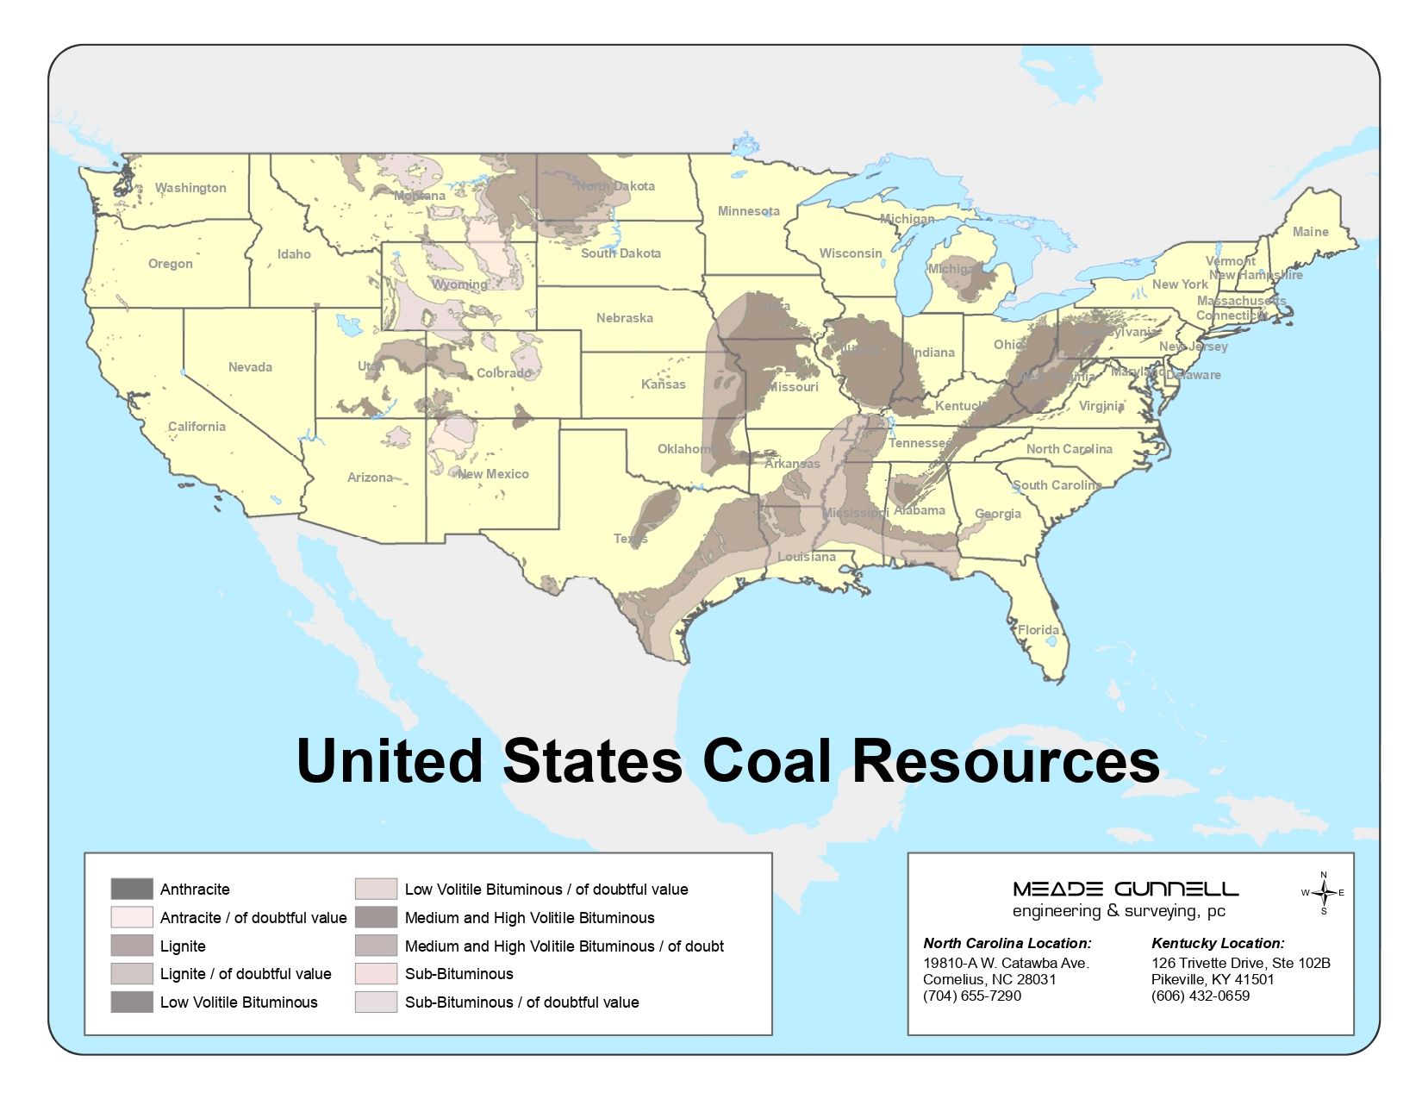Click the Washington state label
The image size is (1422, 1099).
[190, 188]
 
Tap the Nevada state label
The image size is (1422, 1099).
[250, 367]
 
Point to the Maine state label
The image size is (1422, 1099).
[1310, 232]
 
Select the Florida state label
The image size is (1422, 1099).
[1038, 630]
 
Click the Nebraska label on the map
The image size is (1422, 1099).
[624, 318]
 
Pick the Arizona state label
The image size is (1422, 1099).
[370, 478]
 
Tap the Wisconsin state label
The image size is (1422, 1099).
[851, 253]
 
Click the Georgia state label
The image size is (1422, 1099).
[997, 514]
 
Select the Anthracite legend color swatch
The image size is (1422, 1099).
[132, 889]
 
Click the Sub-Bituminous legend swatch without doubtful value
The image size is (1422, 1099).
[376, 974]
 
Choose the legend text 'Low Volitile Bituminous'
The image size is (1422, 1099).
[239, 1002]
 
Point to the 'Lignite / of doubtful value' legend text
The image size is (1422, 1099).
[246, 974]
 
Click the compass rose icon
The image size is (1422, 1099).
[1323, 893]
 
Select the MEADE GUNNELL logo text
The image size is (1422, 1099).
[1126, 889]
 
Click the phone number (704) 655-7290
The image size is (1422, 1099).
[972, 996]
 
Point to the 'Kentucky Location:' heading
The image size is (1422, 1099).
[1218, 943]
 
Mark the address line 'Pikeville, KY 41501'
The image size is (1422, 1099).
[1213, 979]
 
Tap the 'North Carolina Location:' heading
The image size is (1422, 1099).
[1007, 943]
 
